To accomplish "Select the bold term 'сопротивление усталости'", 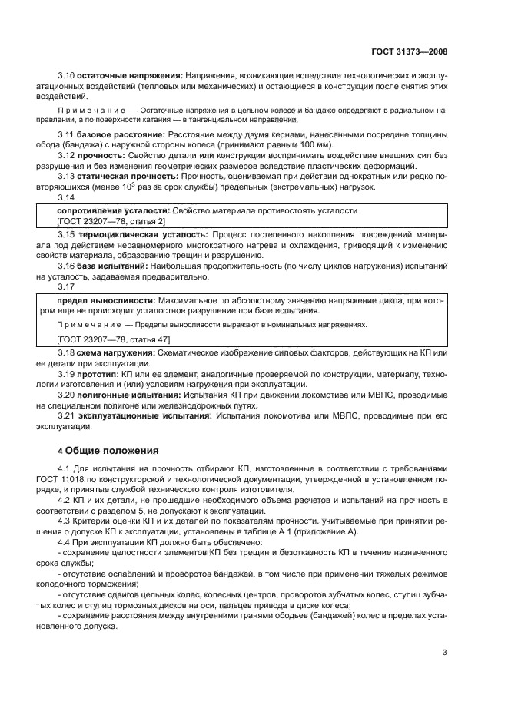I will [113, 210].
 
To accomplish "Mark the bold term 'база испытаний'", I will [109, 266].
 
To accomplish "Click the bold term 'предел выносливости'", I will [105, 300].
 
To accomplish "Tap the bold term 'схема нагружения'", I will [116, 352].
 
